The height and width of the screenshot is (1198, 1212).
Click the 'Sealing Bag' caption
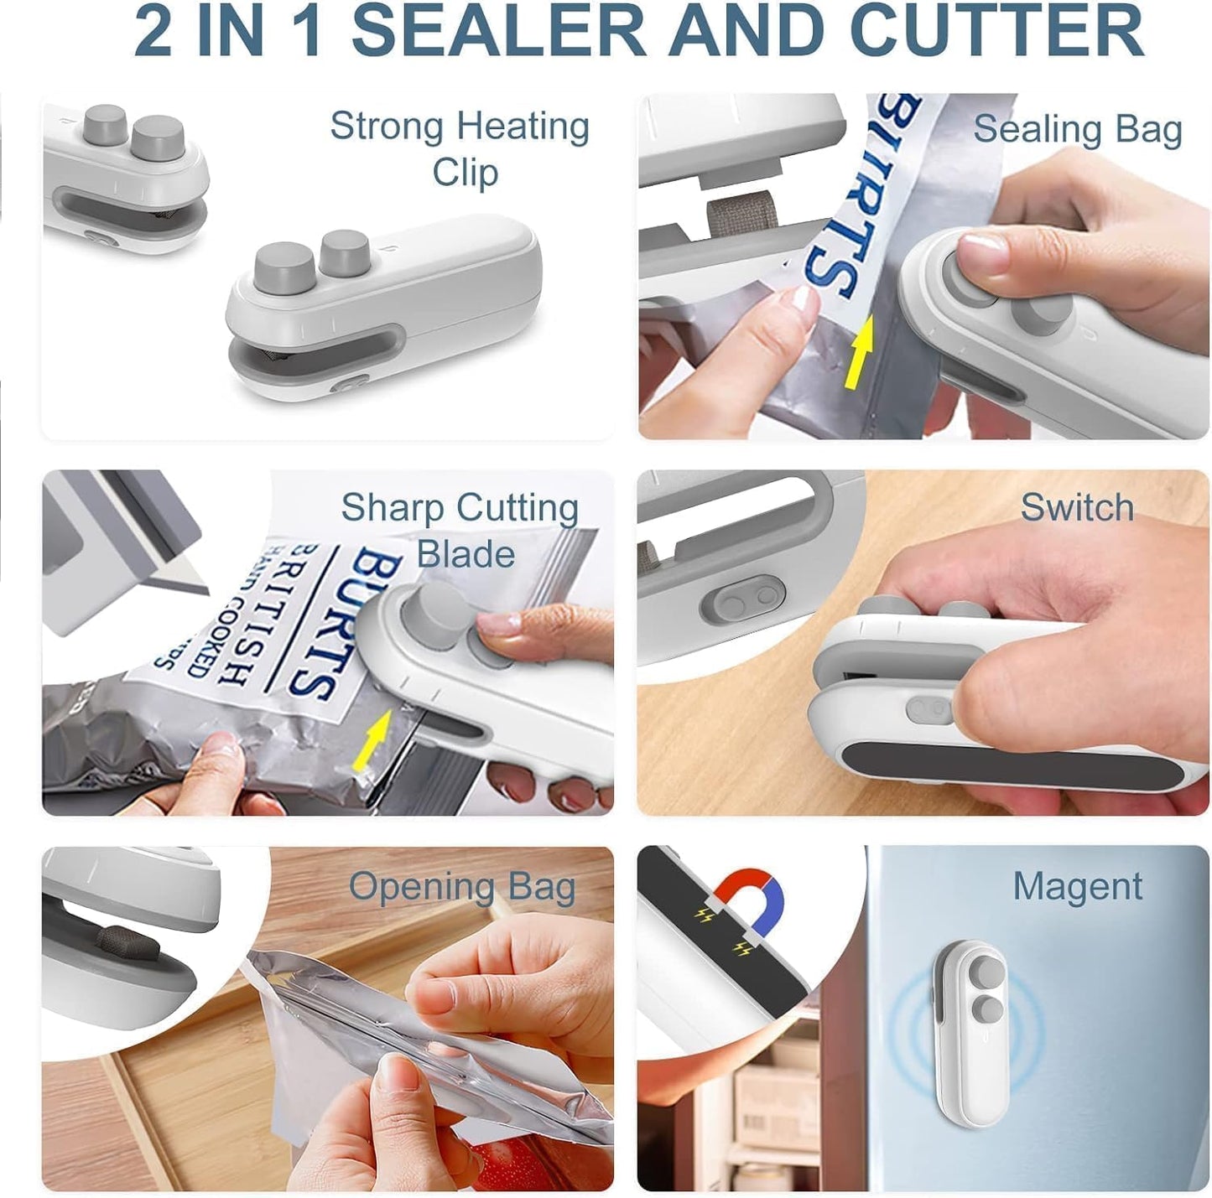(1077, 130)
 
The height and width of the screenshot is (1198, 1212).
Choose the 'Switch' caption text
(1077, 507)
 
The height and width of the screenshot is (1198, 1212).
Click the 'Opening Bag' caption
(461, 887)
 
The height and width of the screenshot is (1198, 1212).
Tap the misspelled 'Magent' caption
(1077, 886)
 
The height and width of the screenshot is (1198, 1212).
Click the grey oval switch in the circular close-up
(741, 599)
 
